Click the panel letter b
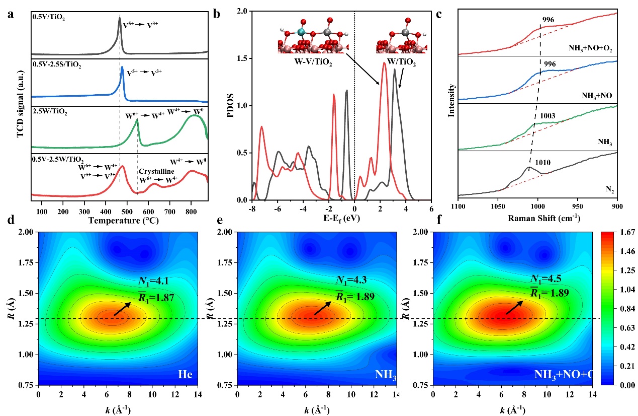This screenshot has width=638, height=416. click(x=217, y=14)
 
